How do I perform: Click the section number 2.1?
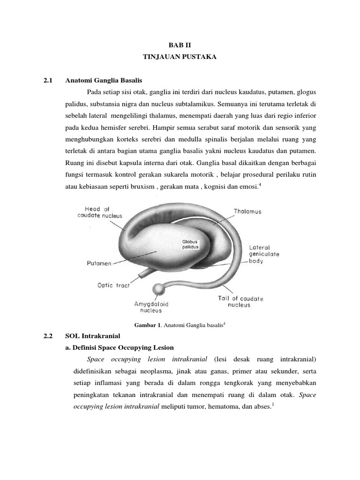pyautogui.click(x=47, y=81)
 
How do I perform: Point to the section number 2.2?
pyautogui.click(x=47, y=336)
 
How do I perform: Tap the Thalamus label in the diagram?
pyautogui.click(x=247, y=211)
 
